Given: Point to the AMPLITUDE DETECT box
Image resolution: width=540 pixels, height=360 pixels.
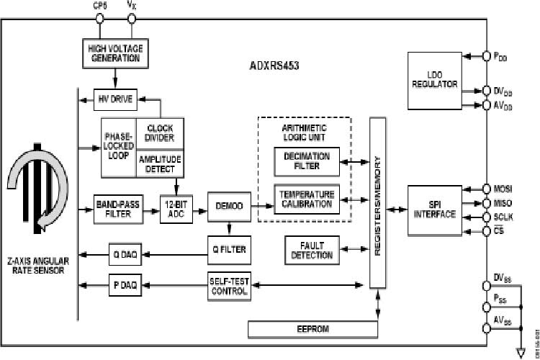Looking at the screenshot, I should pos(159,163).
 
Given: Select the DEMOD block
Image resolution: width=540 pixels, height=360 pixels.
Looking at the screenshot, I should pos(228,207).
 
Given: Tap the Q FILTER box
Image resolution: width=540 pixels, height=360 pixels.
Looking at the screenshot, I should pos(229,249).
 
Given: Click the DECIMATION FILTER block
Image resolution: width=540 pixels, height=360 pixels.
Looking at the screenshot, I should pos(307,161).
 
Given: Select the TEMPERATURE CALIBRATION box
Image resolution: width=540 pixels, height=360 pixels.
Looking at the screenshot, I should pos(307,199).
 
